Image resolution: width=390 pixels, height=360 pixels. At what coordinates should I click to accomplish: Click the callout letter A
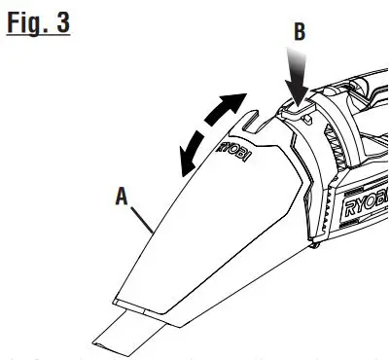coord(122,196)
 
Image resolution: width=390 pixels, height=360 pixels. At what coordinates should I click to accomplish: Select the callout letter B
coord(299,31)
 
